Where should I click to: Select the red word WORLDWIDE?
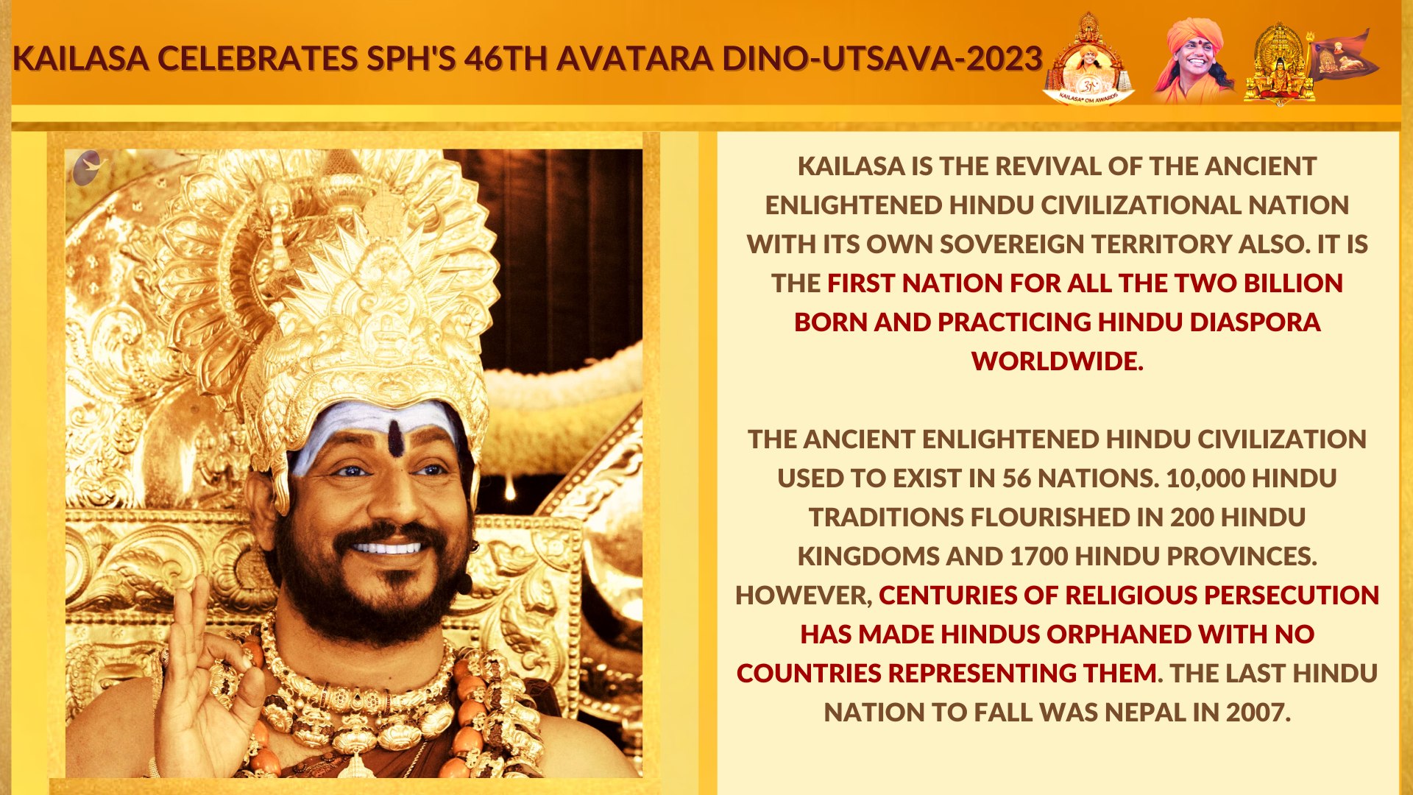click(1057, 361)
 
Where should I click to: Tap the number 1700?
click(1038, 556)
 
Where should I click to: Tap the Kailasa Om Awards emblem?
click(1088, 59)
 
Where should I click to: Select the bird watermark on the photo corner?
click(90, 168)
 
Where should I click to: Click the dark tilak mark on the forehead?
click(395, 437)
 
